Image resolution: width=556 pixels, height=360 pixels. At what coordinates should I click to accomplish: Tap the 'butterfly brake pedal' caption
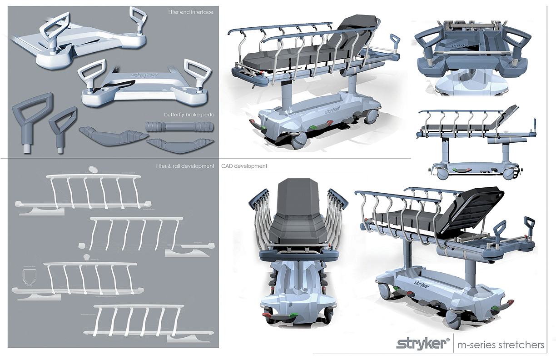pyautogui.click(x=189, y=115)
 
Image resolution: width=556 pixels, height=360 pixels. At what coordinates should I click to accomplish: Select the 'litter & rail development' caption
pyautogui.click(x=185, y=166)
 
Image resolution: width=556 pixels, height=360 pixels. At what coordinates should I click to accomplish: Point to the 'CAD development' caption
pyautogui.click(x=244, y=166)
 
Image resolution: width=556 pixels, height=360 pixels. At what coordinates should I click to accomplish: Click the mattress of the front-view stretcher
pyautogui.click(x=295, y=218)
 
